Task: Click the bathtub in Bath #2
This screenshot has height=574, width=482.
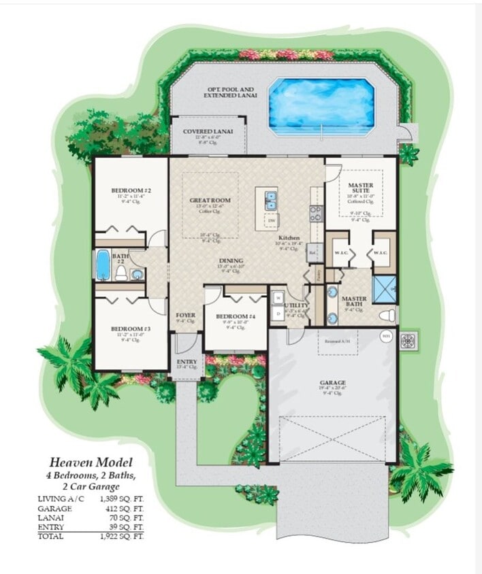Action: [x=103, y=265]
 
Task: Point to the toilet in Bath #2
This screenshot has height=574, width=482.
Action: [x=121, y=273]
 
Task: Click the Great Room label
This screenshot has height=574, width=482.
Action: [x=210, y=201]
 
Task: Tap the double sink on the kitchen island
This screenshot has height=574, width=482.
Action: [x=270, y=200]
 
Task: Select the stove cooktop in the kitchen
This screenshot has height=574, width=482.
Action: [x=317, y=214]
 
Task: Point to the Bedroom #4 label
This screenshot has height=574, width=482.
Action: [x=234, y=316]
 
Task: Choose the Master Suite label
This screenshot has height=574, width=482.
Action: [x=360, y=185]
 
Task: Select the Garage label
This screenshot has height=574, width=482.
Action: [x=332, y=383]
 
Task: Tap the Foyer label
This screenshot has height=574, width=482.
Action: [x=186, y=316]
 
